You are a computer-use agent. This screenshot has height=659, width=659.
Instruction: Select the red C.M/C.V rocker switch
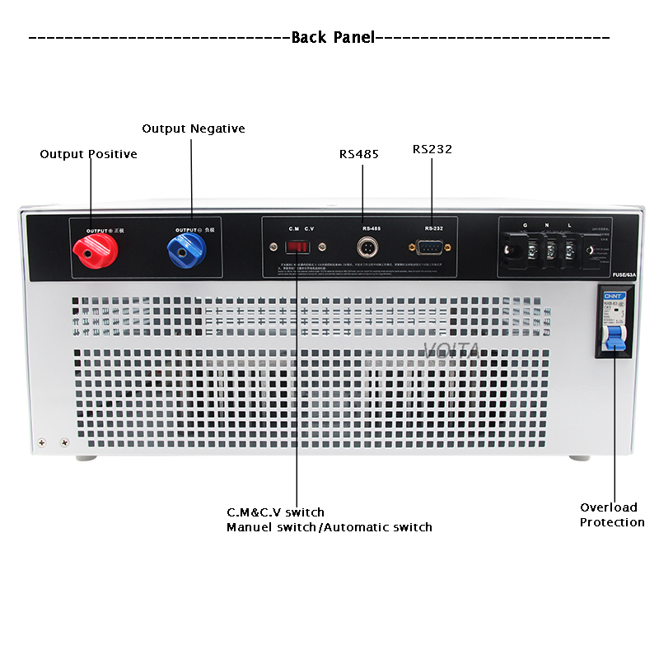pyautogui.click(x=297, y=246)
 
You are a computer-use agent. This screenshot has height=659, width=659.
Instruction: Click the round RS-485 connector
pyautogui.click(x=365, y=246)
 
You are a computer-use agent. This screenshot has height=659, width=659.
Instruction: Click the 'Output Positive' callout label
pyautogui.click(x=88, y=154)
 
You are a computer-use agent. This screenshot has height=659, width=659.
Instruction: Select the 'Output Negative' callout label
pyautogui.click(x=193, y=129)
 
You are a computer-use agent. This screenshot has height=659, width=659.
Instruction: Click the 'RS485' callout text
pyautogui.click(x=359, y=154)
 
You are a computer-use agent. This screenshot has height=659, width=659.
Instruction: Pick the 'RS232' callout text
pyautogui.click(x=432, y=149)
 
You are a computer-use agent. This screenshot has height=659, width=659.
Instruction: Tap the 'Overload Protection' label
pyautogui.click(x=612, y=515)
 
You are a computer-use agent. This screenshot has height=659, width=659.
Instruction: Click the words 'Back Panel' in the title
pyautogui.click(x=333, y=37)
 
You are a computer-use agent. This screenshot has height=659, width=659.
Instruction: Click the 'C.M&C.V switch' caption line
pyautogui.click(x=275, y=512)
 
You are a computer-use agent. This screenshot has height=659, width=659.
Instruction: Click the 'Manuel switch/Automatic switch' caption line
pyautogui.click(x=329, y=527)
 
